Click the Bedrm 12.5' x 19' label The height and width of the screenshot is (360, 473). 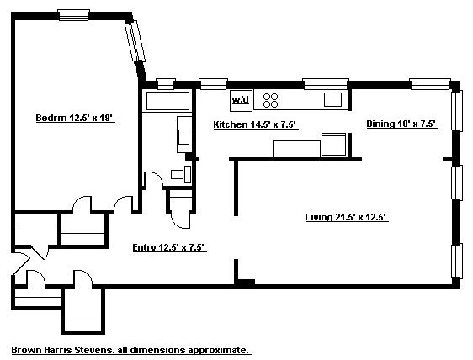74,119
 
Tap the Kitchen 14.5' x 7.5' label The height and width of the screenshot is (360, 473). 254,124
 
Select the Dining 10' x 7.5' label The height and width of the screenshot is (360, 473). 401,124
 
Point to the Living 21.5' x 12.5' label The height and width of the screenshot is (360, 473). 345,217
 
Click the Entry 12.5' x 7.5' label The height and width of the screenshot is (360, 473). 169,247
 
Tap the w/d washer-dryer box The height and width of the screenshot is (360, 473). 241,100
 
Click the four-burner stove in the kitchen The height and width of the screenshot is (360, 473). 271,100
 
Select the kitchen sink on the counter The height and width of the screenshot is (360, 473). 333,99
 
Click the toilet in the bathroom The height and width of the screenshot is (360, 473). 177,174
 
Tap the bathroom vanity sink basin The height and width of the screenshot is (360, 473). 183,134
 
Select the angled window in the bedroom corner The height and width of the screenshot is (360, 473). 135,41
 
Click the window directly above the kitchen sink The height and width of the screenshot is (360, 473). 326,82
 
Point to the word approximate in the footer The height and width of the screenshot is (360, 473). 221,349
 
